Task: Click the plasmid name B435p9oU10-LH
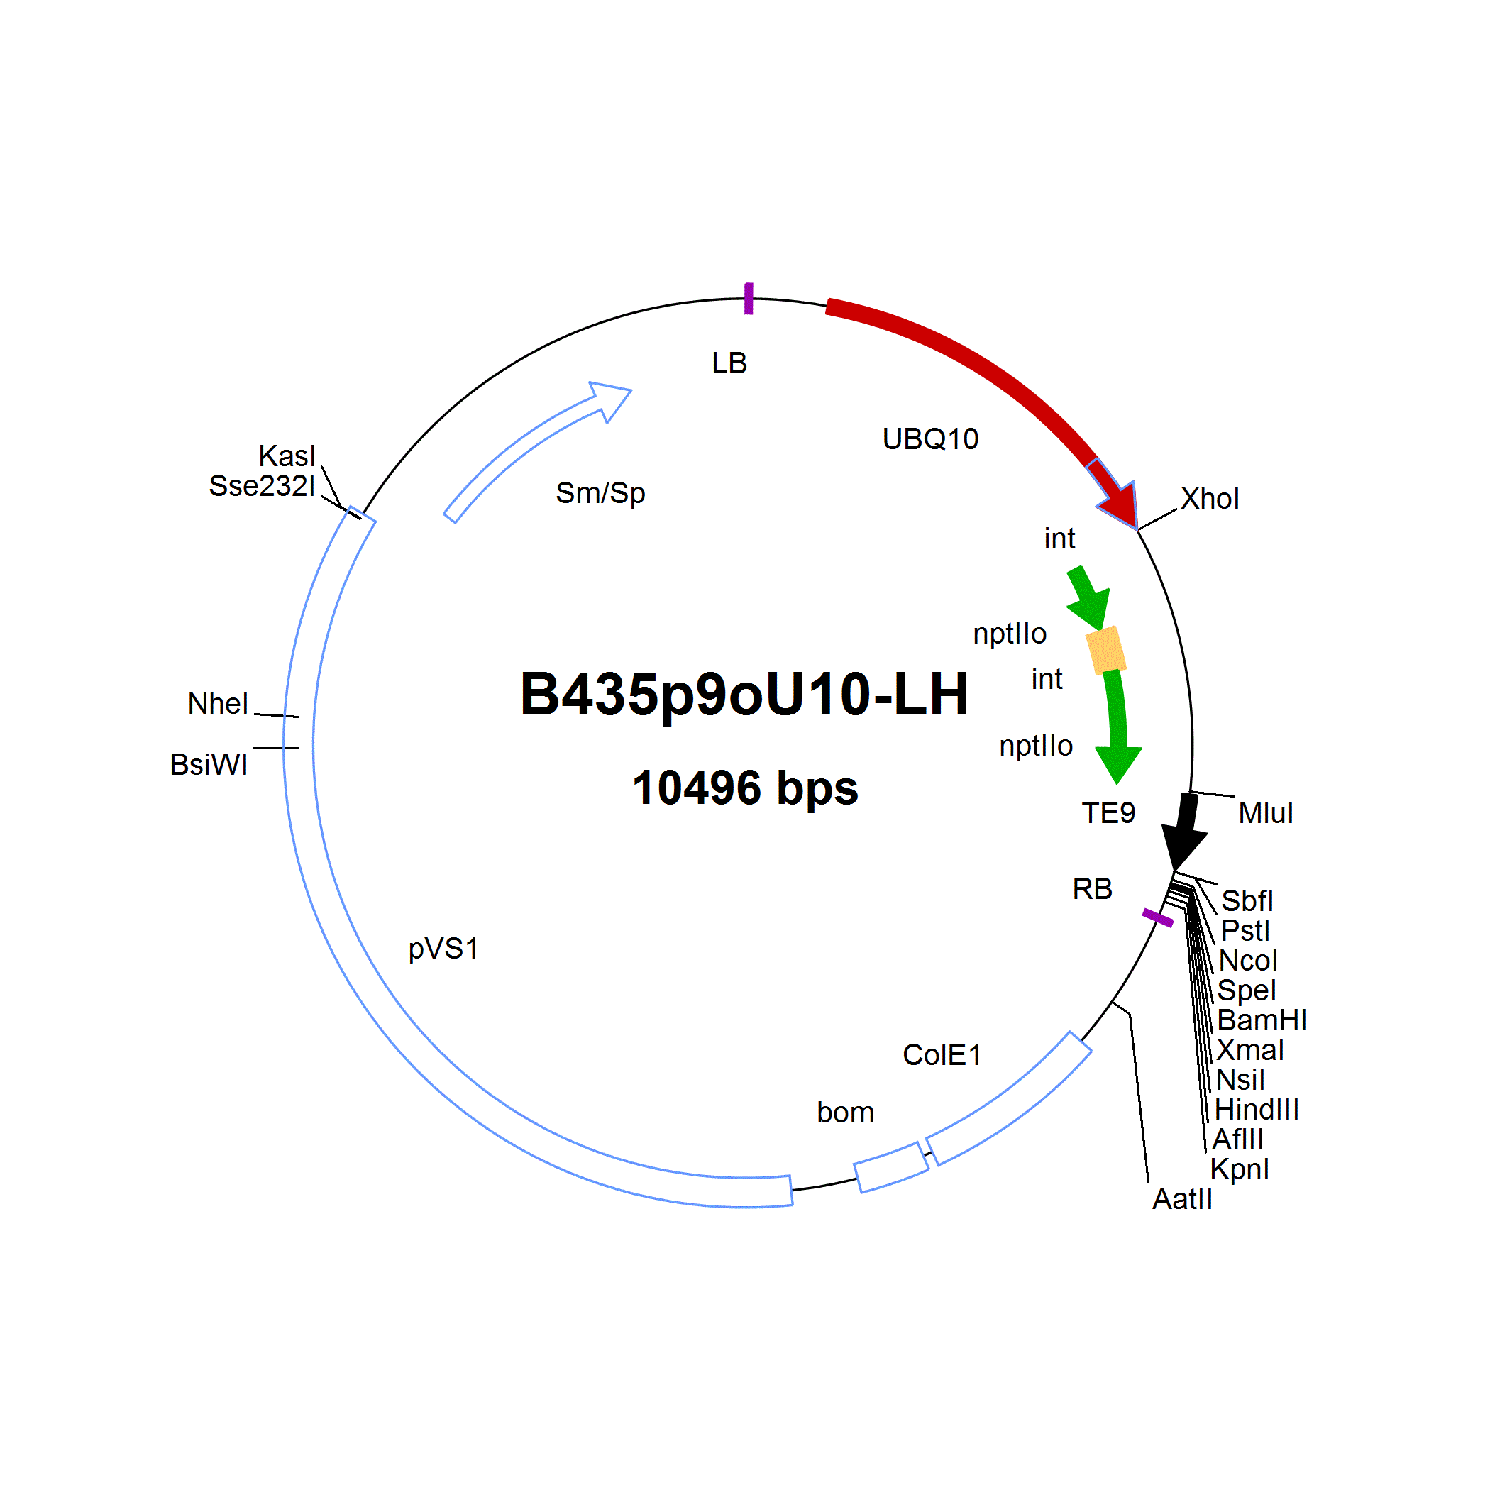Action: pos(744,695)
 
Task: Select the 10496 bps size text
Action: pos(745,788)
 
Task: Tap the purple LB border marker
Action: pos(748,299)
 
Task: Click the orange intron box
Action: pos(1106,650)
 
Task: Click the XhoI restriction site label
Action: pos(1210,499)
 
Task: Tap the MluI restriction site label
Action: pos(1266,813)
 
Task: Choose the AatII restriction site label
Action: pos(1182,1199)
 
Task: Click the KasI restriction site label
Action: pos(287,456)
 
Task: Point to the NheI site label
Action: pos(219,703)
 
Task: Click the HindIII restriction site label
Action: pos(1257,1110)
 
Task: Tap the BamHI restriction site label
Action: pos(1262,1020)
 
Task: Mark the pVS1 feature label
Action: pos(443,949)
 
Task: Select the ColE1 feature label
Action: pos(942,1055)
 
